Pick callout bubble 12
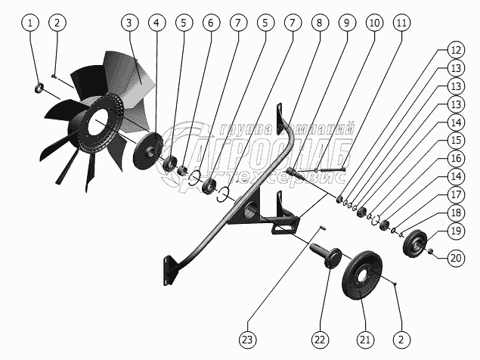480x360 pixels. (455, 50)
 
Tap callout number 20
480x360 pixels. (455, 257)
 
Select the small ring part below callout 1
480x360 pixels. (39, 91)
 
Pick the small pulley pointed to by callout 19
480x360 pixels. (414, 243)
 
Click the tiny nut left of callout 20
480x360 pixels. (429, 251)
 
